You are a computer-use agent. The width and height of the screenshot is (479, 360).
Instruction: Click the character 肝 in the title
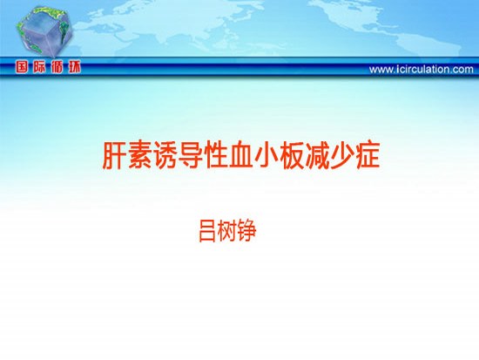(x=114, y=155)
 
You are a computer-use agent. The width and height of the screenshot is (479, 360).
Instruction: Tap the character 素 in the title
(x=139, y=155)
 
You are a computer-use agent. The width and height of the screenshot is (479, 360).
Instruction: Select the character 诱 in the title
(x=165, y=155)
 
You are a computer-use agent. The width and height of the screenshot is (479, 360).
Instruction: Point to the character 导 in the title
(x=191, y=155)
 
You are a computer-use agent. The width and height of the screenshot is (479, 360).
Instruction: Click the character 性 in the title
(x=216, y=155)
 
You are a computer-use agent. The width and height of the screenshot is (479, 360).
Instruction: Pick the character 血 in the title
(x=241, y=155)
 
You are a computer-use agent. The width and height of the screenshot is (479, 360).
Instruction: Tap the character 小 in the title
(x=266, y=155)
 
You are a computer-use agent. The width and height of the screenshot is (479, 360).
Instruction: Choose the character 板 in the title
(x=292, y=155)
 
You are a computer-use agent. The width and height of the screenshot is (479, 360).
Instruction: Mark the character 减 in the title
(x=317, y=155)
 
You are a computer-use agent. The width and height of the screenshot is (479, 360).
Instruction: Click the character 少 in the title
(x=342, y=155)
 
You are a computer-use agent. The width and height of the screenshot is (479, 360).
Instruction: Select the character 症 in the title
(x=368, y=155)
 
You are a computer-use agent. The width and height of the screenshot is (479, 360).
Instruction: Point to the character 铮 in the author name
(x=246, y=231)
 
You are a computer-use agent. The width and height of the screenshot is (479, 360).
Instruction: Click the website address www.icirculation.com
(x=422, y=70)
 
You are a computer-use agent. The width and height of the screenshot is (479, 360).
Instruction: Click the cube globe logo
(x=44, y=31)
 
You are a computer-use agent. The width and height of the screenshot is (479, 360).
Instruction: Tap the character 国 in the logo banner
(x=22, y=67)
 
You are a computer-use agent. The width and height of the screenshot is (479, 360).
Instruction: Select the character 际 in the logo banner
(x=39, y=67)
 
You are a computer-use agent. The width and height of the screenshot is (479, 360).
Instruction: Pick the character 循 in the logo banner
(x=57, y=67)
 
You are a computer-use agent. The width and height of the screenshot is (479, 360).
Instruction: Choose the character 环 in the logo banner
(x=75, y=67)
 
